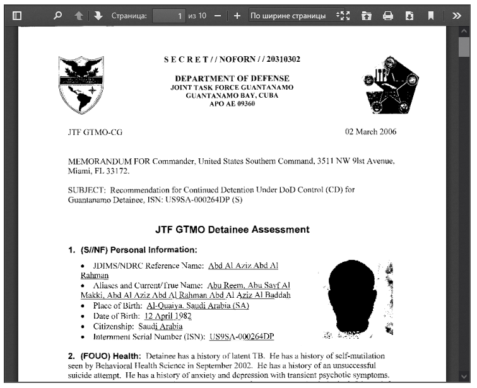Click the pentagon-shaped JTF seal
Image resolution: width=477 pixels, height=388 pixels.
point(391,85)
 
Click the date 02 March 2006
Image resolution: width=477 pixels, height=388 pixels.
point(370,132)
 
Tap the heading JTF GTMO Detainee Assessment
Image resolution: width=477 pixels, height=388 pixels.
point(232,230)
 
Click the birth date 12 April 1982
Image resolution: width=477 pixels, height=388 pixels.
point(168,315)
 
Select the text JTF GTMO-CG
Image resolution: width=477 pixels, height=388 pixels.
point(95,132)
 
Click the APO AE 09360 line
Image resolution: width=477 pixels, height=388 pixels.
point(232,103)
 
